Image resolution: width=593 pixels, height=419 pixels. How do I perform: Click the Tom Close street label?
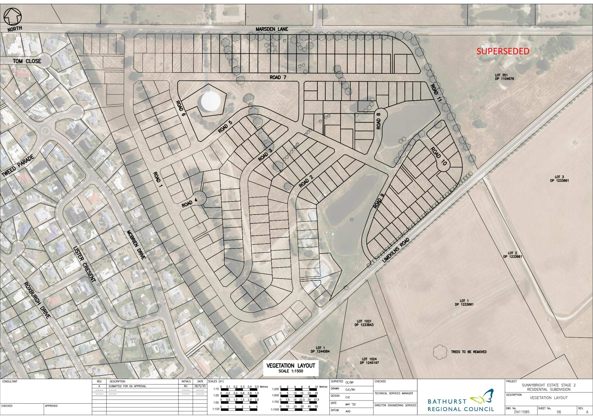[x=27, y=61]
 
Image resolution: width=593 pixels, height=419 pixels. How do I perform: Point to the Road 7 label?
[x=278, y=77]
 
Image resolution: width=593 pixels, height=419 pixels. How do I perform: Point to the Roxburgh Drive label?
[x=36, y=300]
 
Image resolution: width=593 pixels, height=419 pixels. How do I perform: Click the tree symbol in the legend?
[x=440, y=352]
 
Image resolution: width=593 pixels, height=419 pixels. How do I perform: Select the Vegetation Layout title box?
[x=291, y=368]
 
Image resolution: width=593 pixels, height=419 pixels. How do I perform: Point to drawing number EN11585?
[x=521, y=412]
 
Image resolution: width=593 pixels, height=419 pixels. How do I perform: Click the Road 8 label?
[x=379, y=121]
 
